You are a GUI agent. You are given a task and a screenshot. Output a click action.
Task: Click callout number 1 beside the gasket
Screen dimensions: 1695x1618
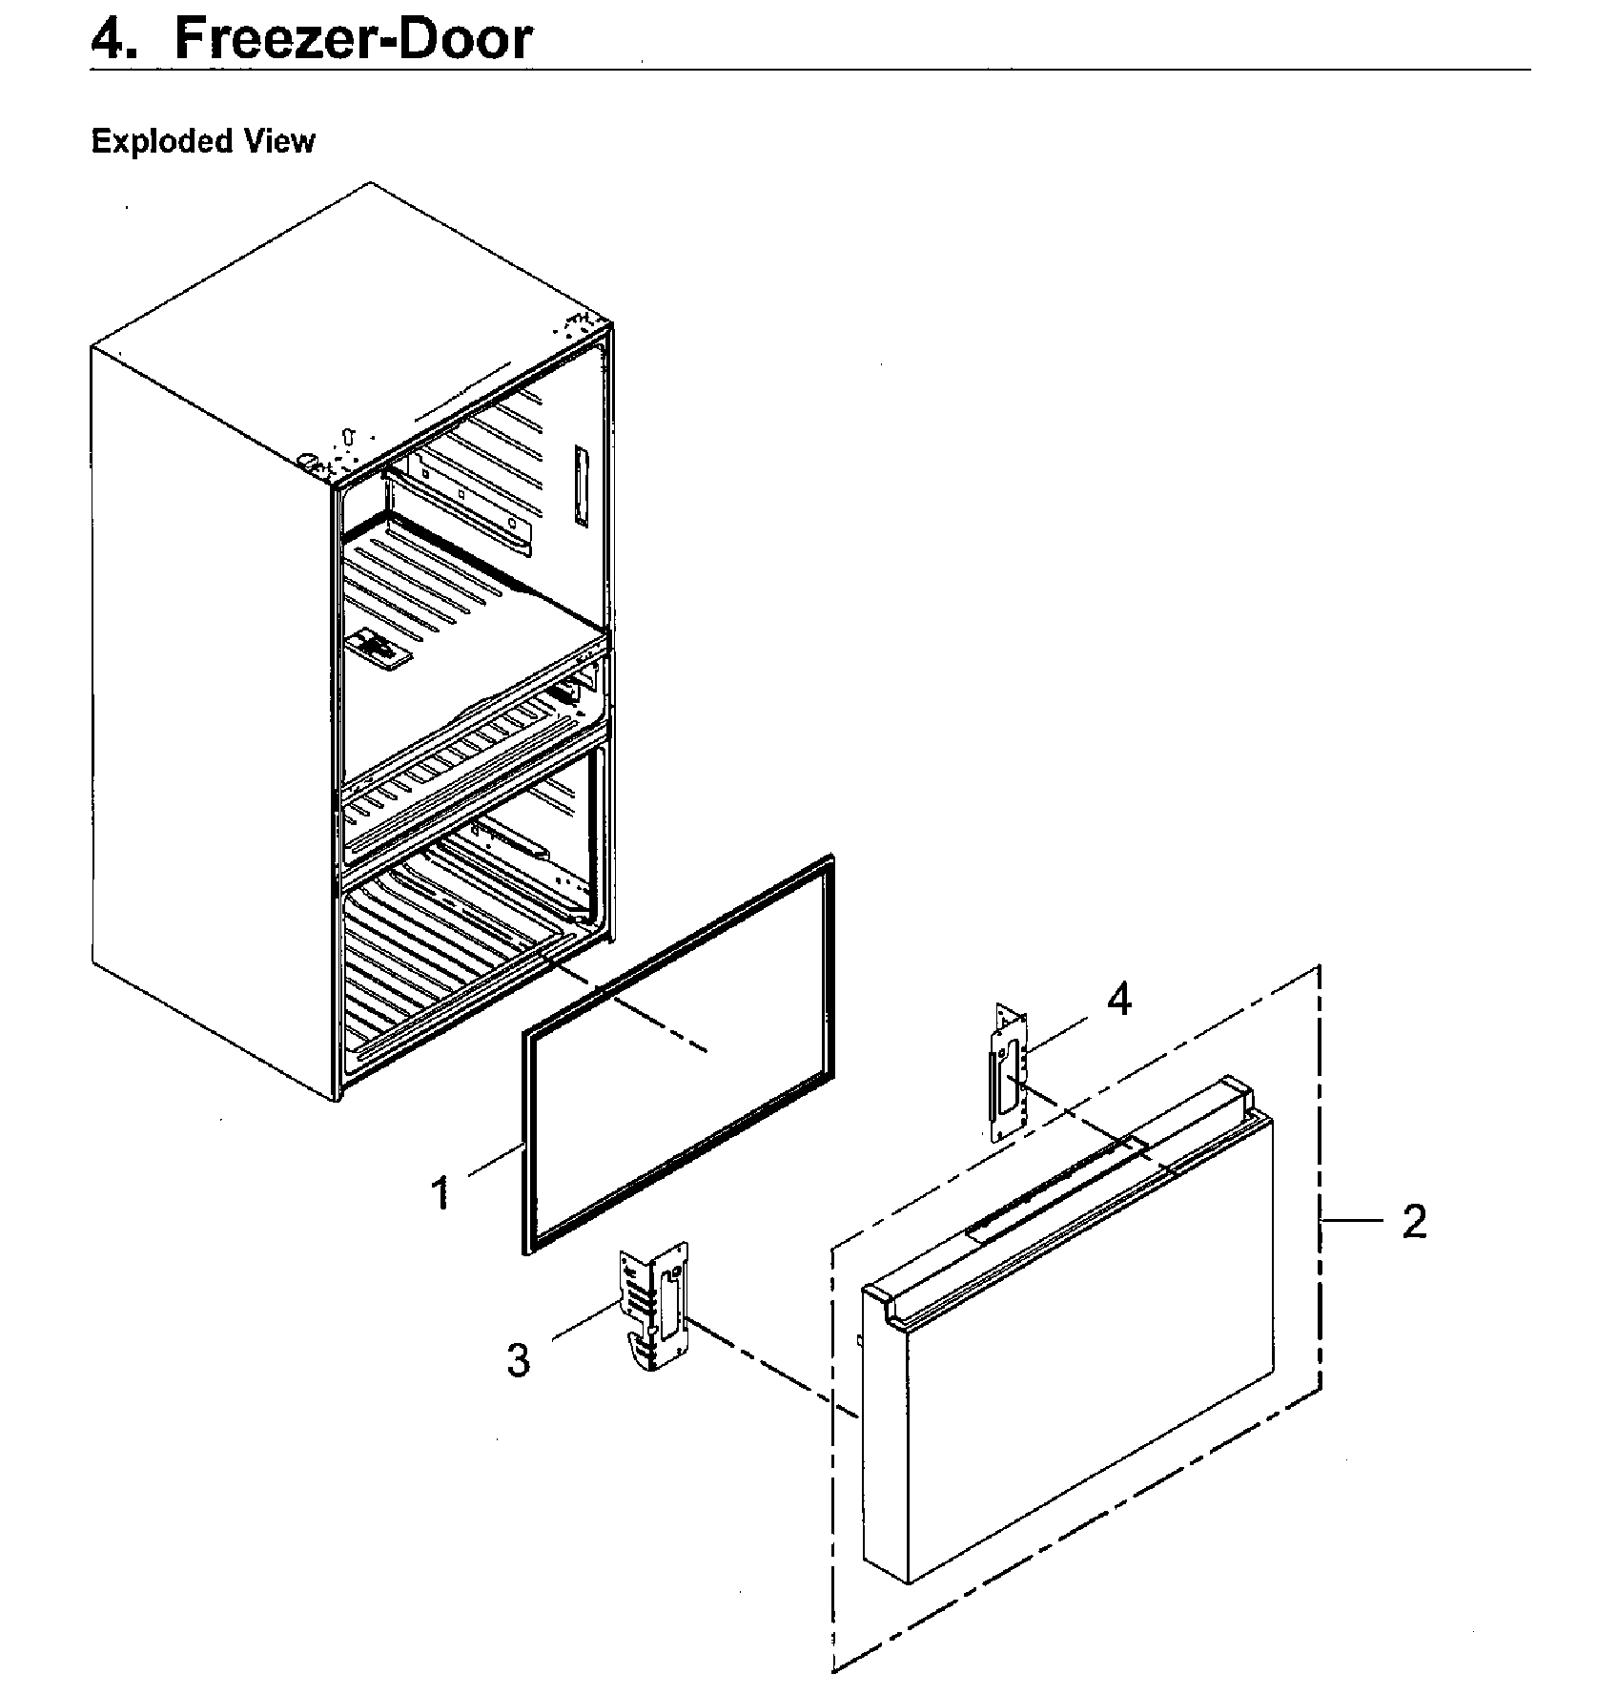click(x=440, y=1192)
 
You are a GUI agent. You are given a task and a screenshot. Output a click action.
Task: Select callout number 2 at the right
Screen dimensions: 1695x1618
click(x=1414, y=1221)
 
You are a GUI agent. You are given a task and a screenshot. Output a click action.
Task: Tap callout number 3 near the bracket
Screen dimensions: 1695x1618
click(x=518, y=1359)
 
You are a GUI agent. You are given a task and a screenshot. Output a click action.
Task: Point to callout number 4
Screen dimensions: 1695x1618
click(x=1119, y=1000)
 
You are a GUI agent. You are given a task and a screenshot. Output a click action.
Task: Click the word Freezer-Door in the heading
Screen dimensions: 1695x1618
click(x=353, y=40)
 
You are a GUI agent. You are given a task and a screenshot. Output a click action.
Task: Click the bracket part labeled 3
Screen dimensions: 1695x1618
click(x=654, y=1306)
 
